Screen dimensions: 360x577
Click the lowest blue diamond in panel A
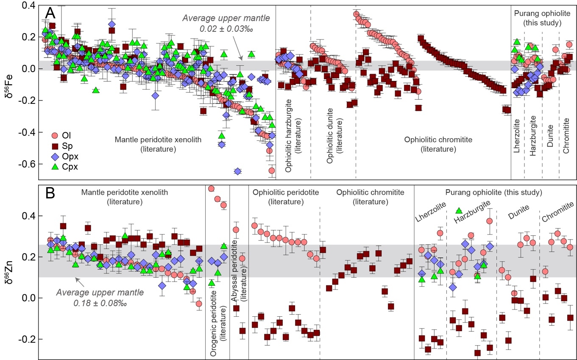tap(238, 171)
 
